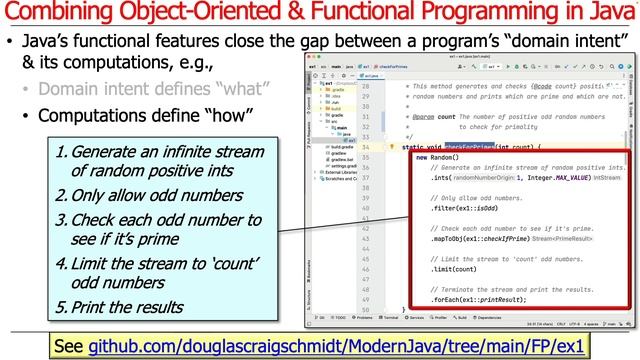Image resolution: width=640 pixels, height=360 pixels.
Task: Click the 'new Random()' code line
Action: [441, 158]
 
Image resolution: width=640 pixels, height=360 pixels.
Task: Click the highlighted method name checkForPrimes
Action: [472, 147]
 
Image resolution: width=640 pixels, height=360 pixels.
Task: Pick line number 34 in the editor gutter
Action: [366, 147]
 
